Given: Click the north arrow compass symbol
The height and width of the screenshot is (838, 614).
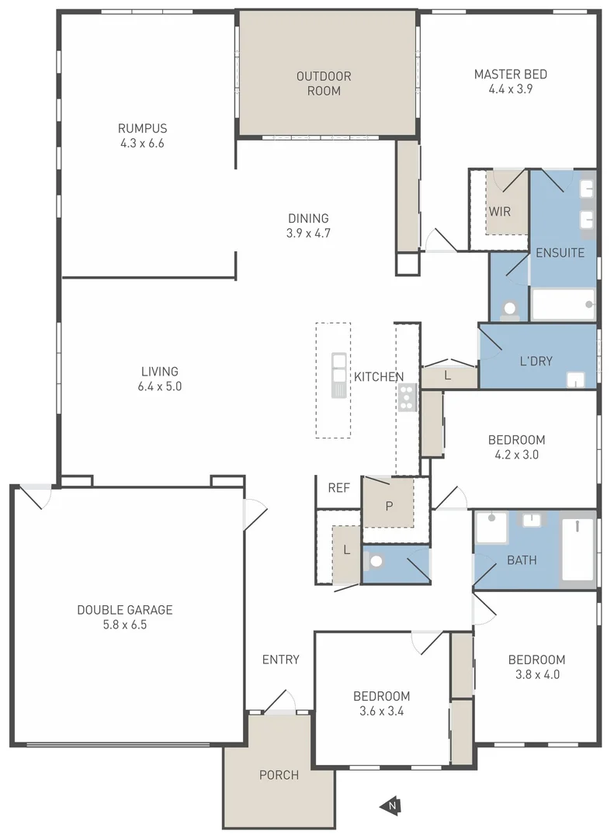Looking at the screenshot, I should tap(389, 806).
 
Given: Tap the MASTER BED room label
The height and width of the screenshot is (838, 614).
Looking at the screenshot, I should tap(510, 74).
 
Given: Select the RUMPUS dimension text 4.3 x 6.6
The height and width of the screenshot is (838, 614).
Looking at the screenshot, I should tap(142, 143).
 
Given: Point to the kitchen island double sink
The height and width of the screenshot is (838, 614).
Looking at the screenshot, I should tap(339, 375).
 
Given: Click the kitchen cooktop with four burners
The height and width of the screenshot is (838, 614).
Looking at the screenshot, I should tap(407, 396).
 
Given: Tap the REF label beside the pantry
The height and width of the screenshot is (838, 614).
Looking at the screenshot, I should tap(338, 488).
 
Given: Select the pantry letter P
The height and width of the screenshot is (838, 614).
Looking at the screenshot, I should tap(389, 506).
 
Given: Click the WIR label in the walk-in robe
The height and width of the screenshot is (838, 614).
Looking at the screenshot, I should tap(500, 211).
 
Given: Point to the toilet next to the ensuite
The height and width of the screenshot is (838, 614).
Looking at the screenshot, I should tap(509, 310).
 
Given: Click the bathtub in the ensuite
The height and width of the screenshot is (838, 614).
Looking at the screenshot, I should tap(564, 304).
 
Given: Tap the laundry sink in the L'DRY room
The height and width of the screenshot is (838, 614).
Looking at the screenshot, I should tap(574, 379).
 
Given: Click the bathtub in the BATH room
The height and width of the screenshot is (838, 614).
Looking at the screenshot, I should tap(578, 549).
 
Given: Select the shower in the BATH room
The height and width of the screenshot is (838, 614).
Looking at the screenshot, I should tap(491, 528).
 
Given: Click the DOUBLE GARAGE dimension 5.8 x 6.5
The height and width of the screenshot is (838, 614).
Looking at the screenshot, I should tap(124, 624).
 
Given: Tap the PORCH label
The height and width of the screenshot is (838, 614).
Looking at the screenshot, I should tap(279, 775).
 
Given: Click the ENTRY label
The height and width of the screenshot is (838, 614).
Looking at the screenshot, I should tap(280, 660).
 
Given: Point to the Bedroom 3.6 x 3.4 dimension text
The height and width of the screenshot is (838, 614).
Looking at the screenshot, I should tap(381, 710).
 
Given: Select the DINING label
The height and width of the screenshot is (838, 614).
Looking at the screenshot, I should tap(308, 218).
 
